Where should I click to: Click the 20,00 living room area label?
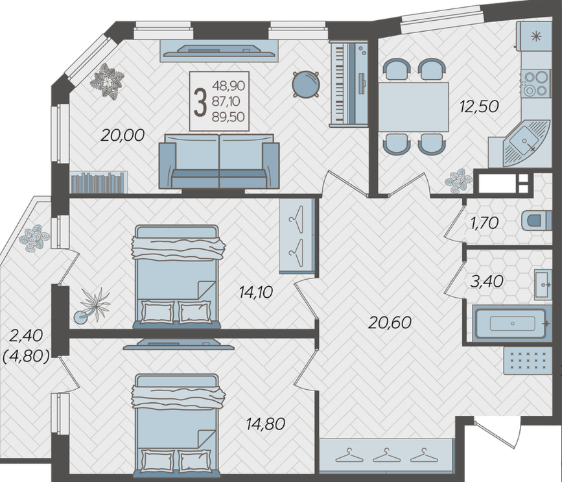click(123, 135)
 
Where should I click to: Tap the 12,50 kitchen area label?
click(480, 106)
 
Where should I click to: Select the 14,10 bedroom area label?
click(256, 293)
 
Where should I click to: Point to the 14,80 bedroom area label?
click(266, 424)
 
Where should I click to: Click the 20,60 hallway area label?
click(390, 322)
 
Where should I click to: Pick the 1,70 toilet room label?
click(484, 223)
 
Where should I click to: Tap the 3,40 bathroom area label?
click(487, 281)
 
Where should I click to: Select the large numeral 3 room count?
click(200, 102)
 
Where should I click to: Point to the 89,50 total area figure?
click(229, 117)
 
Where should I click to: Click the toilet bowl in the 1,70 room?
click(537, 220)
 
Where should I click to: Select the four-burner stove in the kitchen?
click(536, 83)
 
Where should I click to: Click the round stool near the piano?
click(306, 84)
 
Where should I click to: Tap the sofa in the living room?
click(219, 161)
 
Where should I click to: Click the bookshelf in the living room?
click(99, 182)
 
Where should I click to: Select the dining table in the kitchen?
click(414, 107)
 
